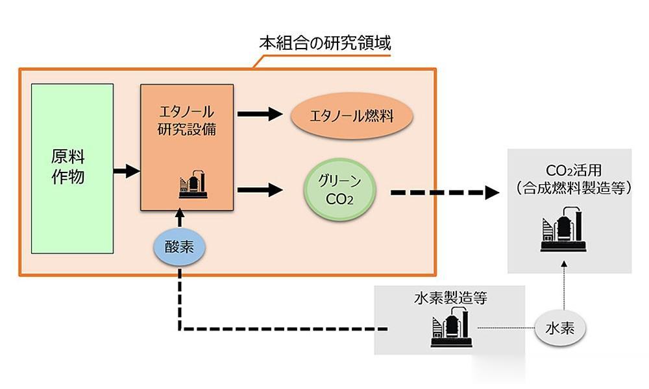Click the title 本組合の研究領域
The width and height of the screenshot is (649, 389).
(325, 43)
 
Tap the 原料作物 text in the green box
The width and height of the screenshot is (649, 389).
(68, 167)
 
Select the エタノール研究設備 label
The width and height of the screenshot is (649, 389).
(187, 121)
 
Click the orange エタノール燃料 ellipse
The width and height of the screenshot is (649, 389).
(352, 116)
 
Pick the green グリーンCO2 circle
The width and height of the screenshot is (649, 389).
(340, 190)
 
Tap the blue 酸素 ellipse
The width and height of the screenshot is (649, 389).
(179, 247)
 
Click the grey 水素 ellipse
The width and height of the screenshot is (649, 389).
(560, 328)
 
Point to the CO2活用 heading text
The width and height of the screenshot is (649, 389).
(573, 171)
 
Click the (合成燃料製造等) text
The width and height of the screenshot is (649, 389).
(574, 188)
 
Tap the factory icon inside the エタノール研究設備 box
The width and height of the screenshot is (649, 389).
(193, 184)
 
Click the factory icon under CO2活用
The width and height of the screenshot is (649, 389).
(563, 230)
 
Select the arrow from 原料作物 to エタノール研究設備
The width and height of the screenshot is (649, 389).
(127, 171)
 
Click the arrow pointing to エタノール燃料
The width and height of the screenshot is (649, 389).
(260, 113)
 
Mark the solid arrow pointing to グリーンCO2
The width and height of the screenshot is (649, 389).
(260, 190)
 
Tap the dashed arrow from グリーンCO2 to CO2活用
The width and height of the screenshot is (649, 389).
(445, 193)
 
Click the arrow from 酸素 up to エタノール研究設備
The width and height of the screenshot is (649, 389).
(179, 218)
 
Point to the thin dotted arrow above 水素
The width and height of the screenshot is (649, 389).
(564, 285)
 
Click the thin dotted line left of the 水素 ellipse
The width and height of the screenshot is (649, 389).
(506, 328)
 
